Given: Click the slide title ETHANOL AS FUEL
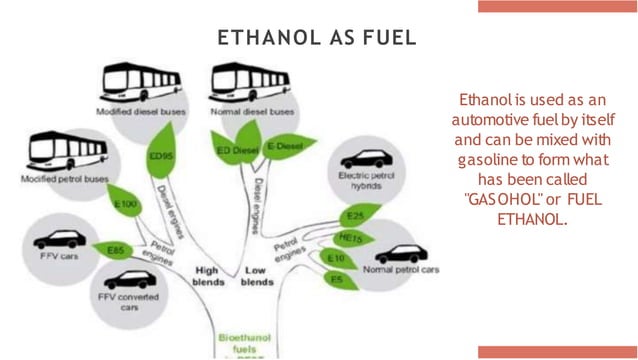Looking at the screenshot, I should pos(316,38).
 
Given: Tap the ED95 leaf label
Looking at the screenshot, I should pos(158,155).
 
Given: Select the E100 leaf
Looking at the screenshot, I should pos(127,203).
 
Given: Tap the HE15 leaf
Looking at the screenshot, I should pos(350,238).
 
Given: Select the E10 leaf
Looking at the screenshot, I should pos(337,258).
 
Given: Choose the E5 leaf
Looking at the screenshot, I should pos(337,280).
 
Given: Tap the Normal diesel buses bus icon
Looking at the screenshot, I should pos(251,83).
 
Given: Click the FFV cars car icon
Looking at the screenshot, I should pos(59,240).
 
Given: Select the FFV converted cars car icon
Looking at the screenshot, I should pos(129,279).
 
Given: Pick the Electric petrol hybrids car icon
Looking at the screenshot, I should pos(366,160).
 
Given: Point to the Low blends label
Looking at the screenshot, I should pos(257,276).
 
